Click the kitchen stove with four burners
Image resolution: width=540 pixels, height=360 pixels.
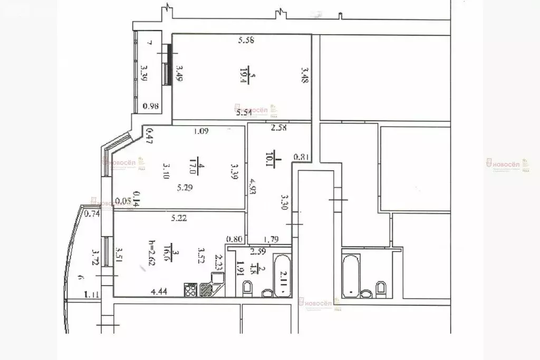tap(190, 289)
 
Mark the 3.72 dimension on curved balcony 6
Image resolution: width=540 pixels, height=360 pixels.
tap(95, 258)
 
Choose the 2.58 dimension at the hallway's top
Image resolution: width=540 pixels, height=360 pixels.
tap(278, 127)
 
